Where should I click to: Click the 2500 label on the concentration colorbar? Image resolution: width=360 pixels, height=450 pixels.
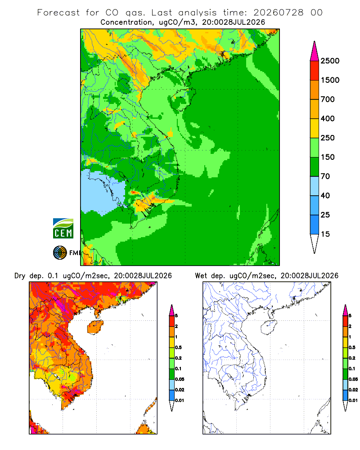click(330, 61)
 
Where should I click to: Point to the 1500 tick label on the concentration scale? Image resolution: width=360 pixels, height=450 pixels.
click(330, 80)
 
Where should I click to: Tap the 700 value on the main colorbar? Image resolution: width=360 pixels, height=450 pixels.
click(328, 99)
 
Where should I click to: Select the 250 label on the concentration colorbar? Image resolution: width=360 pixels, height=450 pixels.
click(328, 138)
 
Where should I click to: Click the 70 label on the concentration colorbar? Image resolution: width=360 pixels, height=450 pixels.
click(325, 176)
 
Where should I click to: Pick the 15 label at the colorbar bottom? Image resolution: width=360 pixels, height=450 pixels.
click(325, 234)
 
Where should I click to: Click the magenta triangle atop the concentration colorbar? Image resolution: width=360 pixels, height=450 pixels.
click(315, 51)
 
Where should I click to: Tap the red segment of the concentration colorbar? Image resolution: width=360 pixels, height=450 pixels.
click(315, 71)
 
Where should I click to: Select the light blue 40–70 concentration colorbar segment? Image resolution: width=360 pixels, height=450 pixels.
click(315, 186)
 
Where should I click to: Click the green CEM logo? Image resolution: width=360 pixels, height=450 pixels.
click(63, 229)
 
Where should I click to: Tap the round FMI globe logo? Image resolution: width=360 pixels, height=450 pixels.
click(60, 253)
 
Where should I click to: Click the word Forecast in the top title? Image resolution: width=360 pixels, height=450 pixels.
click(58, 13)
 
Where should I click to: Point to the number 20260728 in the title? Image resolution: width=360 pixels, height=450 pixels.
click(278, 13)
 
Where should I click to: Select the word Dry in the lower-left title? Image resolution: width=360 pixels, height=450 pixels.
click(20, 276)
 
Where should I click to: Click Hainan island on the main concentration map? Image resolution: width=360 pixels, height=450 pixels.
click(183, 99)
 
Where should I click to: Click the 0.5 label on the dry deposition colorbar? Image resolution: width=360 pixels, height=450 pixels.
click(178, 347)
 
